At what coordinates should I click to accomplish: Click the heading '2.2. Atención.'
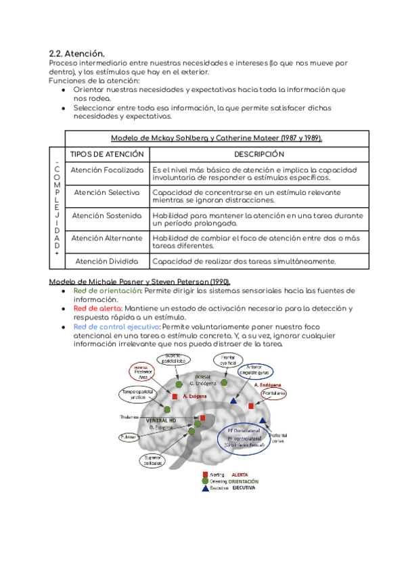point(77,53)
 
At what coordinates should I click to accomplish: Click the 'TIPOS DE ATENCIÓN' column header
point(107,154)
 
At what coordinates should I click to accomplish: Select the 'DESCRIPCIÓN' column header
point(258,154)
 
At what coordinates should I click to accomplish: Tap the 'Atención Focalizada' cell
point(107,170)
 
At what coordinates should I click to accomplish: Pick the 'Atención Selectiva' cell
point(107,193)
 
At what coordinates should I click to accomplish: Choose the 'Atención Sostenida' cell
point(107,215)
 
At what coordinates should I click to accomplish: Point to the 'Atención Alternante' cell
point(107,238)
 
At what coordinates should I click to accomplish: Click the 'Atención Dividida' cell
point(107,261)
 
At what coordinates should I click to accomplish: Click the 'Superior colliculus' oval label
point(152,460)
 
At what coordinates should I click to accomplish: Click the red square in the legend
point(205,475)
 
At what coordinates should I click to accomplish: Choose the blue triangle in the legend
point(205,489)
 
